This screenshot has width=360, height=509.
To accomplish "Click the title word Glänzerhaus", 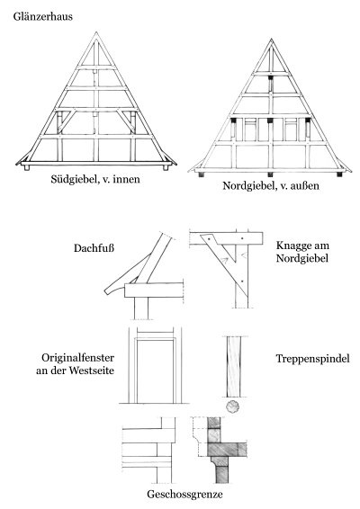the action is (x=43, y=16).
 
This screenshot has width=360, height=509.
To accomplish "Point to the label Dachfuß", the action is (x=94, y=248).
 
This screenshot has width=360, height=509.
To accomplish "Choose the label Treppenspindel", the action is (x=313, y=359).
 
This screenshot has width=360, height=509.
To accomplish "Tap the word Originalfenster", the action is (x=77, y=358).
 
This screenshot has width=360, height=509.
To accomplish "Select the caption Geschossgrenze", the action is (x=184, y=495).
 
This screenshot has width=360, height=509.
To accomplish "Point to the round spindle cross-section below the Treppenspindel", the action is (x=232, y=406).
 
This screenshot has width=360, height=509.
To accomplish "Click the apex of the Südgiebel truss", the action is (x=96, y=31).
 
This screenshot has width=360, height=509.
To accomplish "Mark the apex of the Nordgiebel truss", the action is (x=271, y=39).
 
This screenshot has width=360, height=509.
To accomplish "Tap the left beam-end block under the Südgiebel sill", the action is (x=27, y=168).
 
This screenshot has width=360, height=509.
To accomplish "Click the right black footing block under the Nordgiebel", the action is (x=339, y=174).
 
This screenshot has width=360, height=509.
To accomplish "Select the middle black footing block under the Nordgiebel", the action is (x=270, y=174).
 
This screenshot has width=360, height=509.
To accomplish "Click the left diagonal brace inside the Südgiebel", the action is (x=67, y=122).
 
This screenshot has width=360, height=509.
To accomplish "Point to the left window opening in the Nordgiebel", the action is (x=250, y=129).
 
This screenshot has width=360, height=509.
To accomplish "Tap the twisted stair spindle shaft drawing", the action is (x=234, y=367).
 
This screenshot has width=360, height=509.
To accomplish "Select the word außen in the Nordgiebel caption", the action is (x=307, y=185).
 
